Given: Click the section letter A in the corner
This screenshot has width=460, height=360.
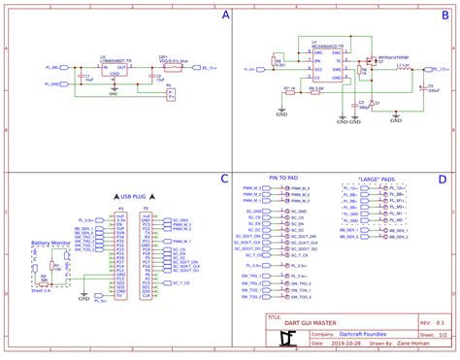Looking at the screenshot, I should [225, 16].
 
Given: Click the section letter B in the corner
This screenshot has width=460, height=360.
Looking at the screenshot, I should [443, 16].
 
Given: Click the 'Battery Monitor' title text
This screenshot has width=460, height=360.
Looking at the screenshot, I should [49, 243].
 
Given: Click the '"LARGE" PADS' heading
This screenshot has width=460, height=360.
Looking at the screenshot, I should [375, 179].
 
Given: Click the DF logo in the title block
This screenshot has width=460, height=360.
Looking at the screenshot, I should [285, 337].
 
